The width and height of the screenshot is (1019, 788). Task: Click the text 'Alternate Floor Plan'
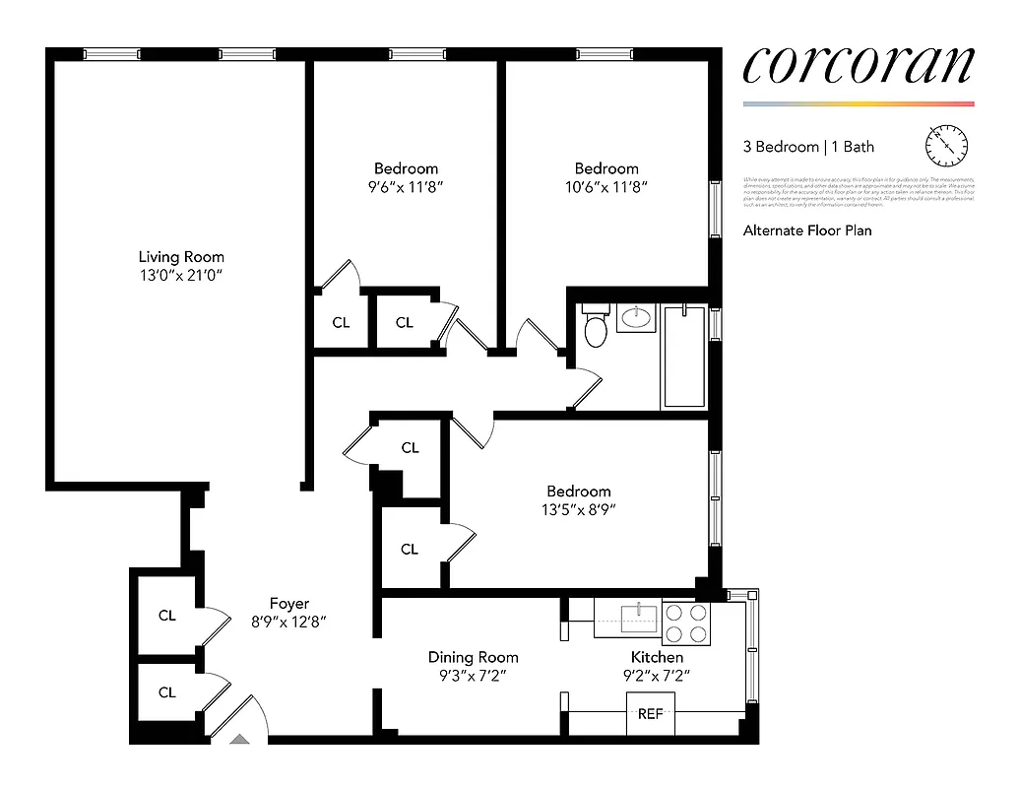tap(807, 230)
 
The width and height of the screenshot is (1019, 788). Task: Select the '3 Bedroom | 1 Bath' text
tap(807, 147)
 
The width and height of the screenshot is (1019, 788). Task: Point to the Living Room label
tap(181, 257)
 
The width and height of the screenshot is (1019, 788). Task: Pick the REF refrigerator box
tap(651, 714)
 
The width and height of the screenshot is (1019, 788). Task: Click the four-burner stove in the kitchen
tap(685, 623)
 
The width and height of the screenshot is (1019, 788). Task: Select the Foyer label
tap(289, 604)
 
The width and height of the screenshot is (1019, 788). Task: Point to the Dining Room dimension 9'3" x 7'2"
tap(473, 676)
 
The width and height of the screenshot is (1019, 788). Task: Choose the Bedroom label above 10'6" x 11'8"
tap(606, 168)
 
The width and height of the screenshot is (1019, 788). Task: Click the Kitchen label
tap(657, 657)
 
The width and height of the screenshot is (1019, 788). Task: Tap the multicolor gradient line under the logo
tap(858, 103)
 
